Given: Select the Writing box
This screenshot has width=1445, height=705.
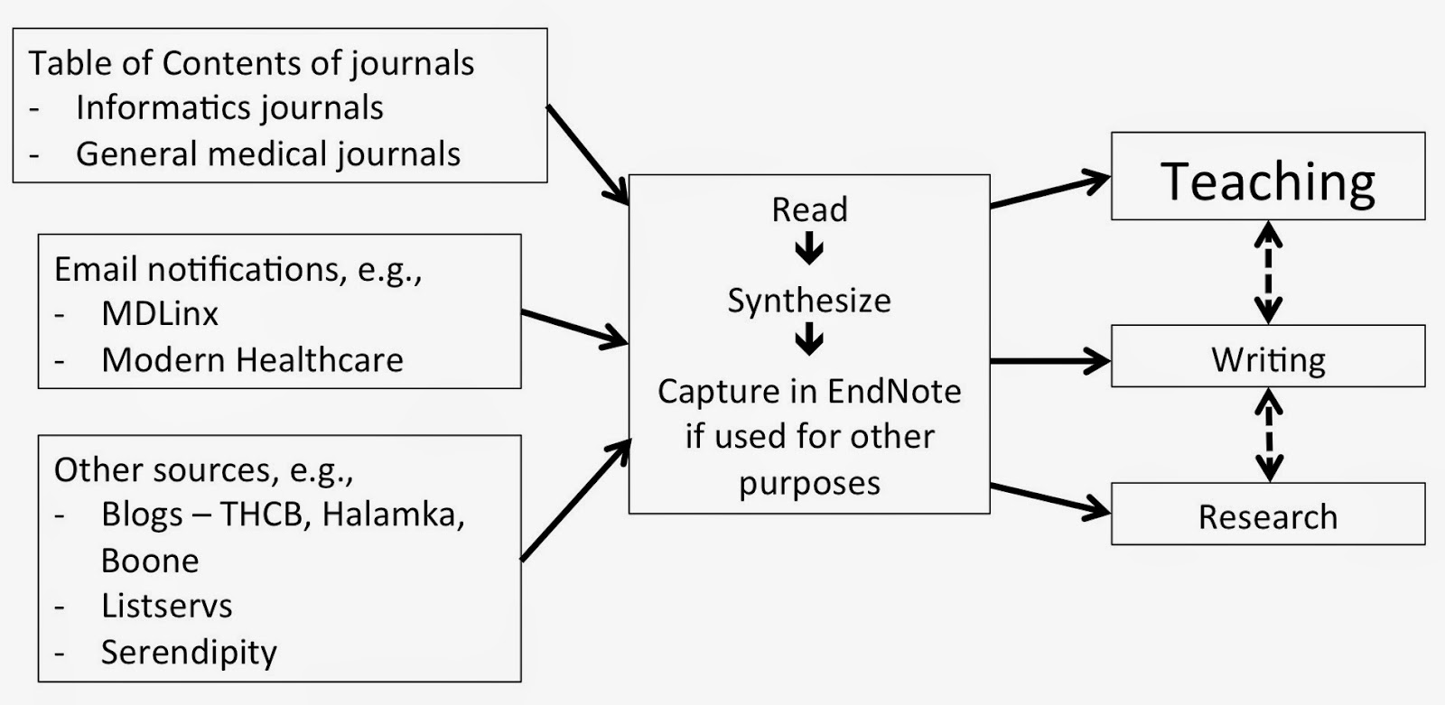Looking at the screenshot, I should click(1267, 359).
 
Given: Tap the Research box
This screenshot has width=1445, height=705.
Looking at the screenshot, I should click(1267, 515).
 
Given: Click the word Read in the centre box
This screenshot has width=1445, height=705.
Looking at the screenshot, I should click(809, 209).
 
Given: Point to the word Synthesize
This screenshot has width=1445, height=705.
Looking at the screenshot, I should click(809, 301).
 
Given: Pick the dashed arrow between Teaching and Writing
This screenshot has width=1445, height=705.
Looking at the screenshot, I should click(1269, 273).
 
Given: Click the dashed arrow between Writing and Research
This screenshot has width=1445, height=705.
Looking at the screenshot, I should click(1269, 436).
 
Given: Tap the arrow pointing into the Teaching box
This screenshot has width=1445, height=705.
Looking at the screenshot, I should click(1049, 192).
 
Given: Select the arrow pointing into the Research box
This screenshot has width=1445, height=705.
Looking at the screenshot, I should click(1049, 500).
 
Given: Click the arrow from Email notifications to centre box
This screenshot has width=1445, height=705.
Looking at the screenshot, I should click(574, 328).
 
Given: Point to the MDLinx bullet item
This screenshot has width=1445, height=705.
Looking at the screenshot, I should click(160, 314).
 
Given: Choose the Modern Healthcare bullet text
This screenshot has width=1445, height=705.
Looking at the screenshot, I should click(252, 360).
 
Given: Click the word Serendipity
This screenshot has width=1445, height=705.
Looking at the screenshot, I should click(189, 652).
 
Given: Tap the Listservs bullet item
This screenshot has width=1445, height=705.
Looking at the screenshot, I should click(166, 606).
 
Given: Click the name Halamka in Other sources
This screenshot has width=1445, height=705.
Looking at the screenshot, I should click(392, 514).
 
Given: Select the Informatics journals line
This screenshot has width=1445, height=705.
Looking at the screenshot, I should click(229, 107).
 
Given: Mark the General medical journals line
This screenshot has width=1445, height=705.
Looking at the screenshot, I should click(267, 153).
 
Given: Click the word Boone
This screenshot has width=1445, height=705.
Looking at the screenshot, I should click(150, 561).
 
